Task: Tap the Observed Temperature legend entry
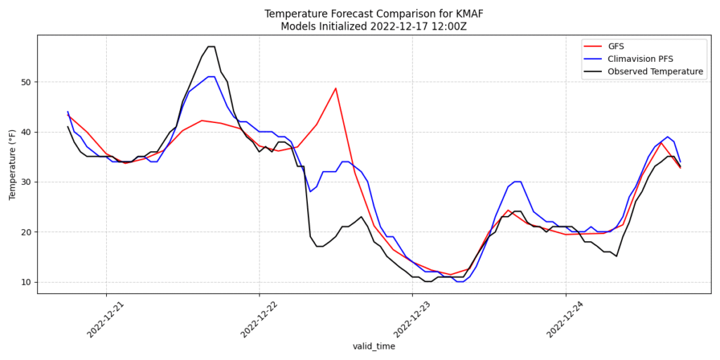(x=655, y=72)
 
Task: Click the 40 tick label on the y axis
(x=26, y=132)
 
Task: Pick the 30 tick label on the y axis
(x=26, y=182)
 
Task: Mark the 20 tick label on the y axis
(x=26, y=232)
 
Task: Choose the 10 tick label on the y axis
(x=26, y=282)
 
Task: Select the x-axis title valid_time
(x=374, y=347)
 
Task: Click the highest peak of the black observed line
(x=211, y=47)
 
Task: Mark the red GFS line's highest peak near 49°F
(x=335, y=89)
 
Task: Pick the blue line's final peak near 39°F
(x=667, y=137)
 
